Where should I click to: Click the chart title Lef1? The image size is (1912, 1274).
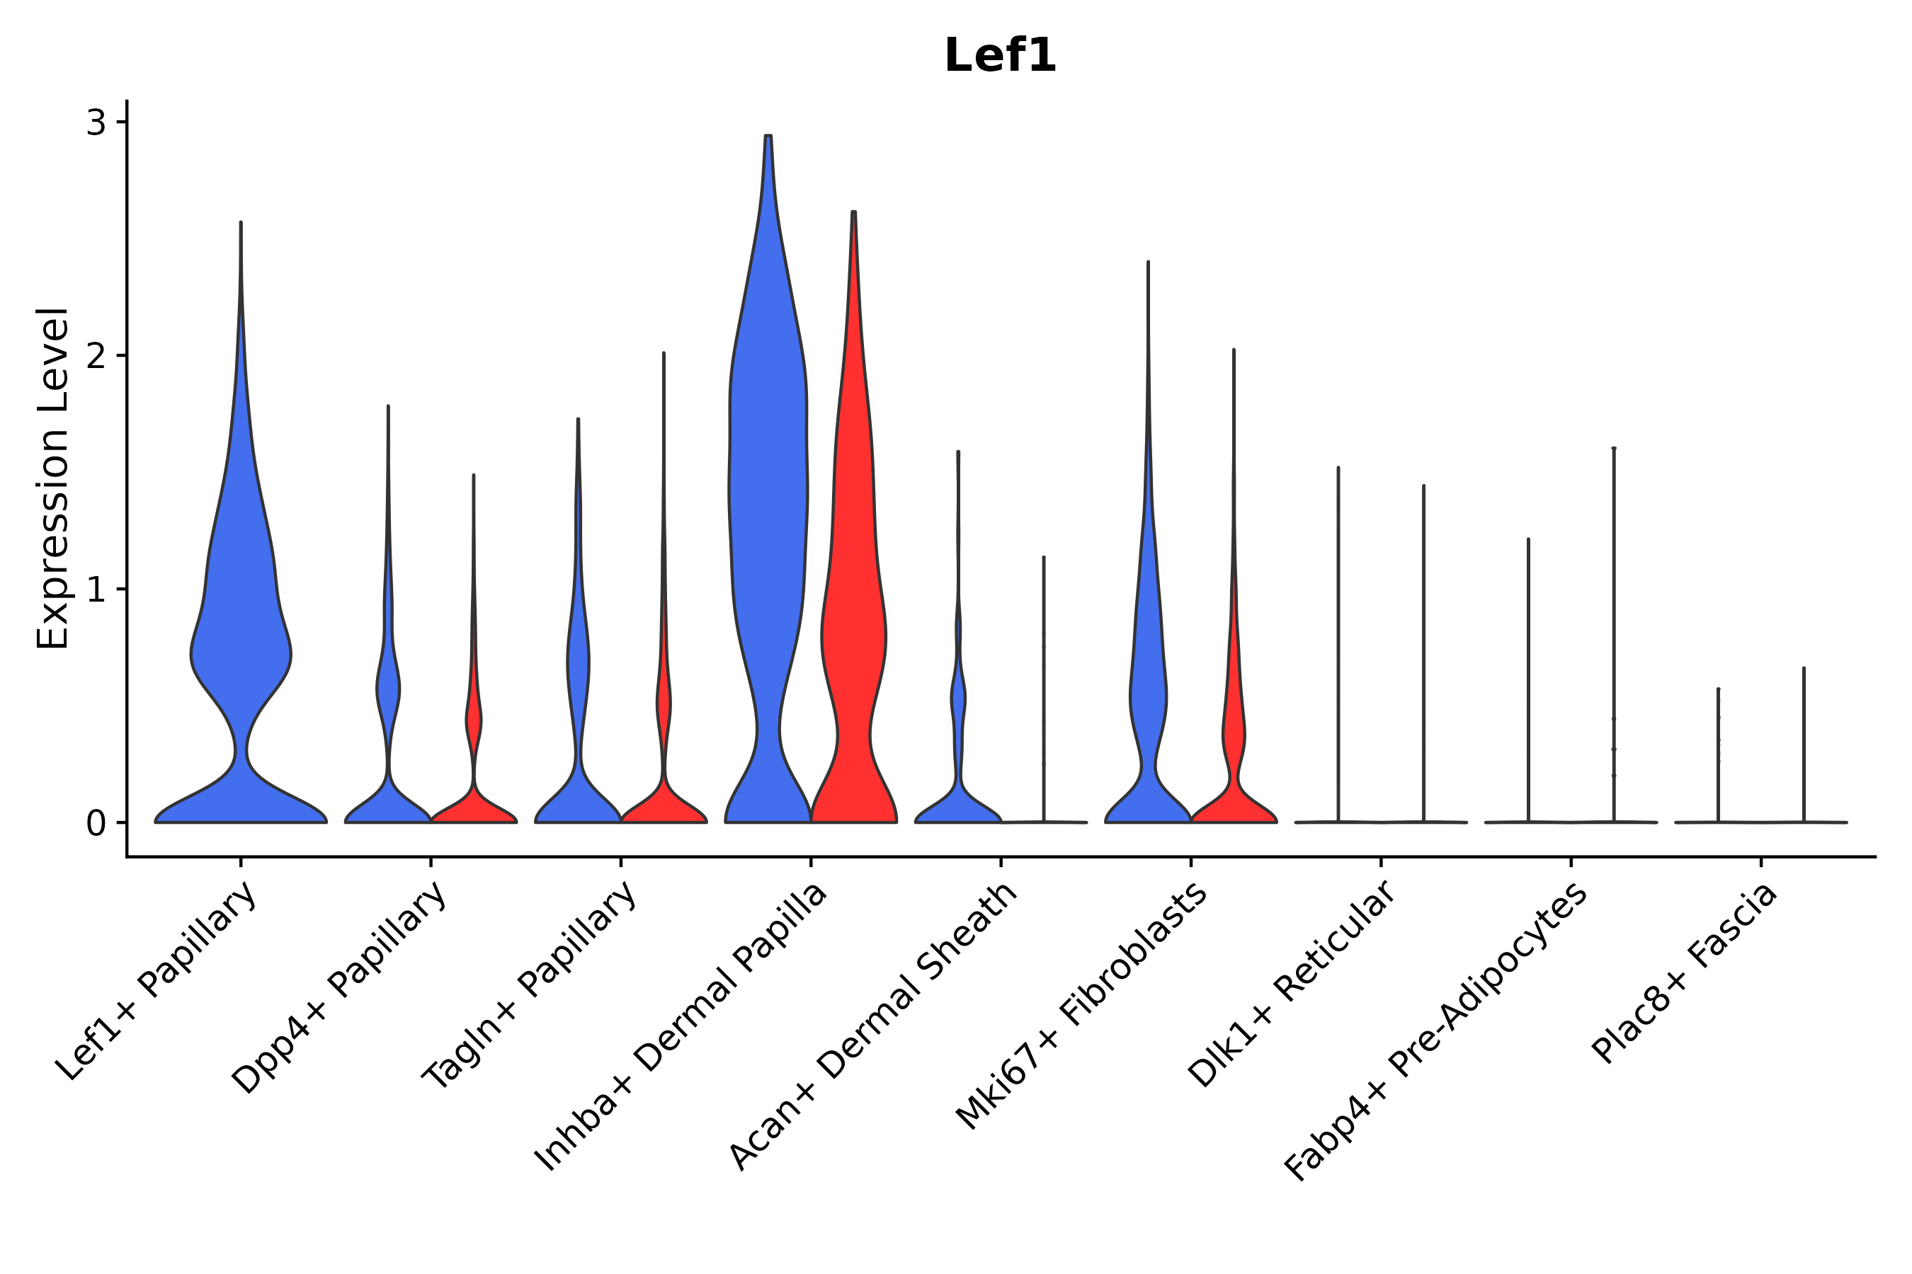[1000, 57]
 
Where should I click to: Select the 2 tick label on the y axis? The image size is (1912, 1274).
[96, 356]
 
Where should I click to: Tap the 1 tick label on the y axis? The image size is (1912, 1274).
[96, 590]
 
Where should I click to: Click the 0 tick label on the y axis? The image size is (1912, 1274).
[96, 823]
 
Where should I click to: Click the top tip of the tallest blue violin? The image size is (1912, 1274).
[768, 137]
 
